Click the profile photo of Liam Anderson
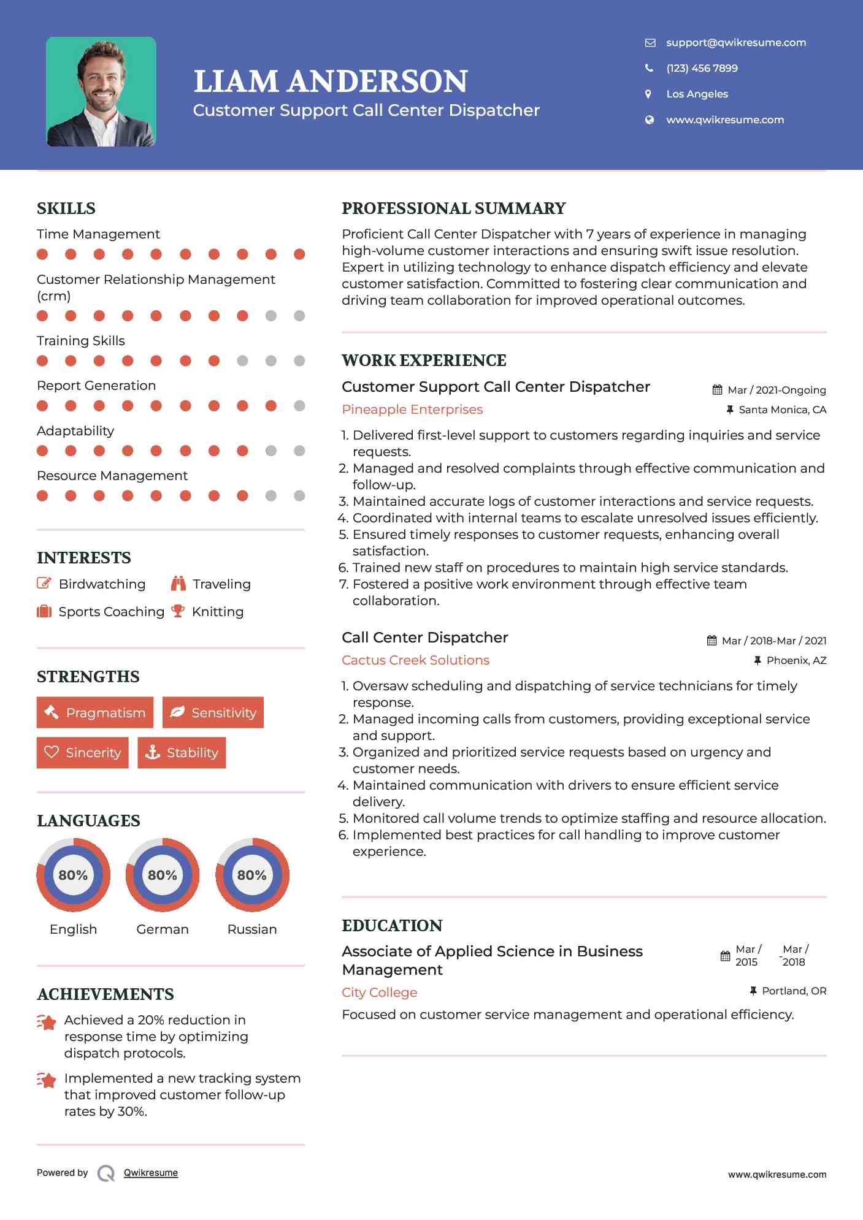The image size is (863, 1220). [101, 92]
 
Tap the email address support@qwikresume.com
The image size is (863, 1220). [735, 42]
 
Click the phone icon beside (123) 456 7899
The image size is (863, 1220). [649, 68]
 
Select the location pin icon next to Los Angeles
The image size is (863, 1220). [648, 94]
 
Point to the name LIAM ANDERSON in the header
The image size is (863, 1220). [331, 82]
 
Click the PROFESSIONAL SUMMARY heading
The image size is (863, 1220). [453, 208]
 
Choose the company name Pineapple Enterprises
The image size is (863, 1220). [412, 410]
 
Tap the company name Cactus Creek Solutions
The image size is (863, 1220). [415, 660]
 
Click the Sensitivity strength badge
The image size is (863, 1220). [213, 712]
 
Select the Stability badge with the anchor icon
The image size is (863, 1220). [182, 753]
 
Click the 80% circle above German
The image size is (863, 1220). [163, 875]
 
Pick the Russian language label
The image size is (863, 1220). [251, 929]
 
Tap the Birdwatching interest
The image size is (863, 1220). [102, 584]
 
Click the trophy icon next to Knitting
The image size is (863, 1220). [178, 611]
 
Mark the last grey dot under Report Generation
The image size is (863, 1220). [299, 406]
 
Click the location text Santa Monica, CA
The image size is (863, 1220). [782, 410]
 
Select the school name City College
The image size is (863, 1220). [379, 993]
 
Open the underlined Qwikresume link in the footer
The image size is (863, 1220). [151, 1173]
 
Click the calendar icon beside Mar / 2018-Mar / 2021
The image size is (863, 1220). [711, 641]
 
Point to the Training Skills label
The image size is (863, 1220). [80, 341]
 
